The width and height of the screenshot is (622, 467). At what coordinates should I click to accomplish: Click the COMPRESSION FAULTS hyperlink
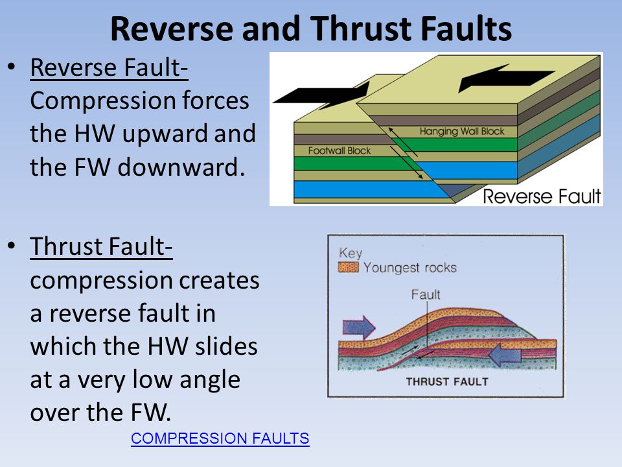(220, 438)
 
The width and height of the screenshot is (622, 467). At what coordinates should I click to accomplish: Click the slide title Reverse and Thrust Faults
(311, 29)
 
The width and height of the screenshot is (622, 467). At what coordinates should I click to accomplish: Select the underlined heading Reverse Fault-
(109, 67)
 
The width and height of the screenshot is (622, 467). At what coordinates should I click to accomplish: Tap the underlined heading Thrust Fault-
(101, 246)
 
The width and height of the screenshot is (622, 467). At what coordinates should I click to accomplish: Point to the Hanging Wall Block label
(462, 132)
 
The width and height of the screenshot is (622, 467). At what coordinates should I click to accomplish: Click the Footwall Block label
(339, 151)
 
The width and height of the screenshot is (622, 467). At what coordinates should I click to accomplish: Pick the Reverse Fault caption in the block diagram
(542, 197)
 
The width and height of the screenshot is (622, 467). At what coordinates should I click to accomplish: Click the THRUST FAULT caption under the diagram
(447, 381)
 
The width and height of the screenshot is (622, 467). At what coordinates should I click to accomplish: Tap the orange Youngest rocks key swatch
(349, 267)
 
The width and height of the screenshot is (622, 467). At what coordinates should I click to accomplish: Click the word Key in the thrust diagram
(351, 253)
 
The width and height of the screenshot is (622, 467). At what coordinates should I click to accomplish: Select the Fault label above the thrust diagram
(426, 294)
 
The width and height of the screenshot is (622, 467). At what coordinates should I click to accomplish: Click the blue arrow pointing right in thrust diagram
(359, 328)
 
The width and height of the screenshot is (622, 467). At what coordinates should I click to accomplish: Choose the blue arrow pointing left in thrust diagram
(505, 354)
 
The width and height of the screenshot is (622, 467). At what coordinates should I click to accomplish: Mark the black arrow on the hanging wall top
(507, 78)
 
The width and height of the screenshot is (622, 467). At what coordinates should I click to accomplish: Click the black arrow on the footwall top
(321, 95)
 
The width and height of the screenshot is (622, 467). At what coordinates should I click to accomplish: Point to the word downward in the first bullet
(181, 167)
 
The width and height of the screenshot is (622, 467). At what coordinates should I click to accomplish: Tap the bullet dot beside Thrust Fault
(12, 245)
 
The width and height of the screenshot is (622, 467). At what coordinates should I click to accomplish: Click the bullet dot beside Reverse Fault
(12, 66)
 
